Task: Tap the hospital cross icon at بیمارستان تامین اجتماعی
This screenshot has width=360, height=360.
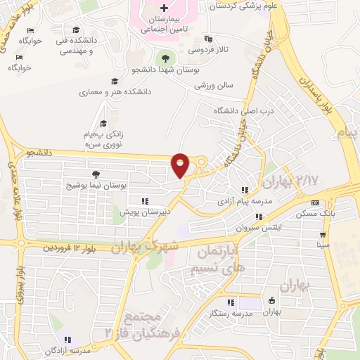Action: point(163,8)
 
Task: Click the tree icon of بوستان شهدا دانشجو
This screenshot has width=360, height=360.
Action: point(165,58)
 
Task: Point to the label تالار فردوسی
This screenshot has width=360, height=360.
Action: point(206,51)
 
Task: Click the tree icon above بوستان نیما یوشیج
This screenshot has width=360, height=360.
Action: point(96,174)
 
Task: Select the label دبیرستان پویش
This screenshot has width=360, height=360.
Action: point(145,211)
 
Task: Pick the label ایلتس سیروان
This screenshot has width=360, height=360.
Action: point(246,228)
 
